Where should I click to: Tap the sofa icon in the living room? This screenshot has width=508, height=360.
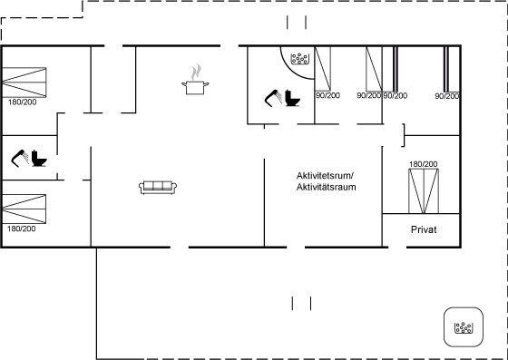coord(158,188)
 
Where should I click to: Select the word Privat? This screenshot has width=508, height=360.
coord(424,229)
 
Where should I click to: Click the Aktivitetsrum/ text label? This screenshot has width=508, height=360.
coord(326,176)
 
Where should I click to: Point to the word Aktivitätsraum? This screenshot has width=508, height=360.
coord(327,187)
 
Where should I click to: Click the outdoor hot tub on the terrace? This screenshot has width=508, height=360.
coord(464,327)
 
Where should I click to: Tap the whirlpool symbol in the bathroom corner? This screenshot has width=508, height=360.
coord(299,58)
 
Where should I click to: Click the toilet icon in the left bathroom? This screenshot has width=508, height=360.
coord(39,159)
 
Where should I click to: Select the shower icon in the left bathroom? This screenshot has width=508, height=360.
coord(20,159)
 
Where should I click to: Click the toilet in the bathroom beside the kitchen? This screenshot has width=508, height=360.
coord(292,98)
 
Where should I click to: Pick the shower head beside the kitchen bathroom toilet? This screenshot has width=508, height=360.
coord(273,98)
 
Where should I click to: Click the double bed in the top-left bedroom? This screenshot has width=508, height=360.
coord(24,83)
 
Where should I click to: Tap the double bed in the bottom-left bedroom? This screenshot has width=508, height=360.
coord(24,209)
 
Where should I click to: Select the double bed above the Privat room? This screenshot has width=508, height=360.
coord(424,191)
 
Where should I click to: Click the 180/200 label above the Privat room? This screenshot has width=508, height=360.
coord(423,164)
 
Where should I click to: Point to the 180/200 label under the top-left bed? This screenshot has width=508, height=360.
coord(23,102)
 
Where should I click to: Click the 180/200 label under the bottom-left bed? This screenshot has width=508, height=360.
coord(22,229)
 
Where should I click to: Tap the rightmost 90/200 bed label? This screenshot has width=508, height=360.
coord(447,96)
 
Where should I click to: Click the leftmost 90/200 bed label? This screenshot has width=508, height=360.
coord(327,95)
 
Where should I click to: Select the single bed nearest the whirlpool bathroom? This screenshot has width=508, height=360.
coord(323,69)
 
